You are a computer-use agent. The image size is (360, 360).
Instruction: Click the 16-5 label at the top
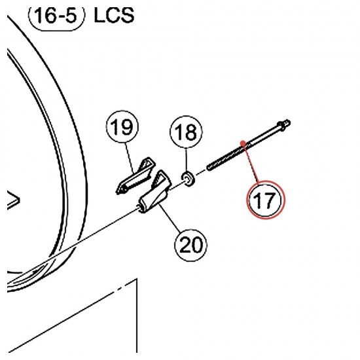(x=56, y=16)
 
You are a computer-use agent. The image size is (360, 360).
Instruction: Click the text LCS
(x=114, y=16)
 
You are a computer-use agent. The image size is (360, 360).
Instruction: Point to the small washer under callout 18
(x=189, y=179)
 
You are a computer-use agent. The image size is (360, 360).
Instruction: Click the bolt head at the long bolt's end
(x=284, y=126)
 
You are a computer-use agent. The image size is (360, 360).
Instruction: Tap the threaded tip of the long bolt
(x=210, y=166)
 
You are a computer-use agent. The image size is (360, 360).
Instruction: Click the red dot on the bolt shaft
(x=243, y=143)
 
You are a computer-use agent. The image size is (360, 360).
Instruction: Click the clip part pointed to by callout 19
(x=135, y=175)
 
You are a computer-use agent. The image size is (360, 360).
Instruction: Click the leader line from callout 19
(x=130, y=158)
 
